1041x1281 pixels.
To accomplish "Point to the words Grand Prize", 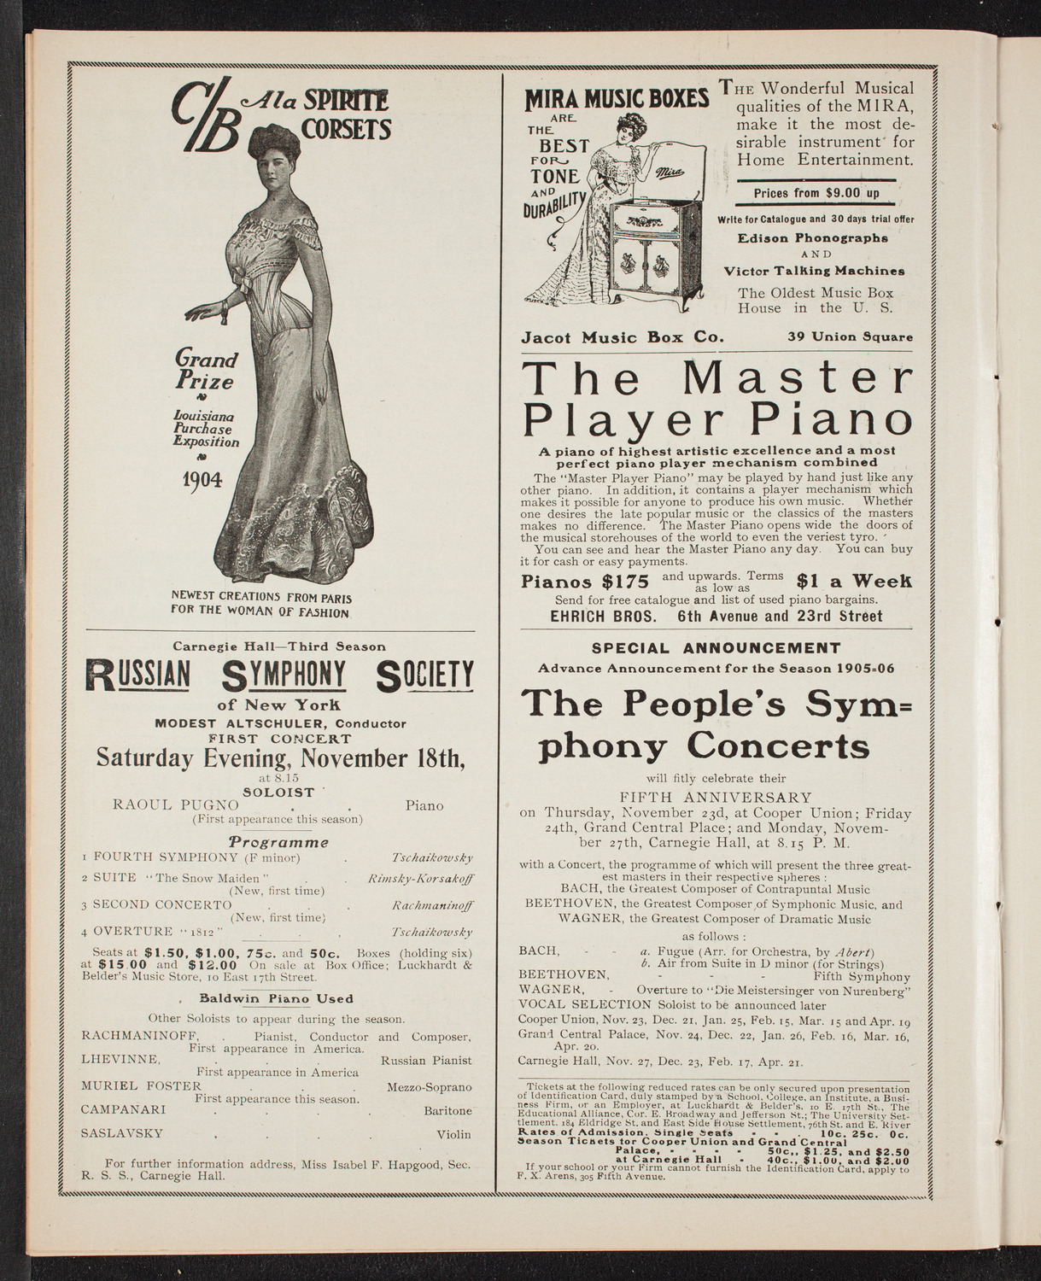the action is pyautogui.click(x=206, y=370).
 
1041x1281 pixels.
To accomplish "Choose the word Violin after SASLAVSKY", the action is pyautogui.click(x=453, y=1135).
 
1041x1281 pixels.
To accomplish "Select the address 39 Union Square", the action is pyautogui.click(x=850, y=337).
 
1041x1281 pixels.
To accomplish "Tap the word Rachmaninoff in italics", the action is pyautogui.click(x=434, y=904).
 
